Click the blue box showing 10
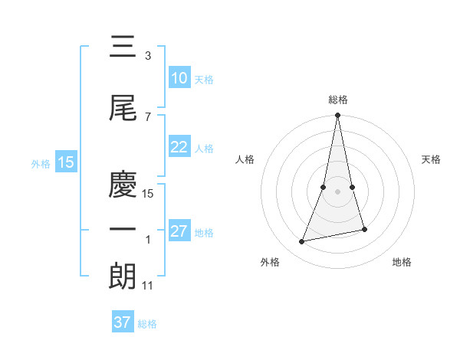click(179, 78)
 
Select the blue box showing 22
click(179, 148)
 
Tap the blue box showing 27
click(179, 232)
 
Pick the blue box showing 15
click(65, 162)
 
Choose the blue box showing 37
click(123, 322)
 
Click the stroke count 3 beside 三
click(147, 56)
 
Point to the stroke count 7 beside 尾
click(147, 116)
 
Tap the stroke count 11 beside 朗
click(148, 285)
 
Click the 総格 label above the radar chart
click(337, 100)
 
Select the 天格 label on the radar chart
click(432, 159)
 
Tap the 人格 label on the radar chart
click(245, 159)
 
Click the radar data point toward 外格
click(302, 242)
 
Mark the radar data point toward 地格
click(364, 229)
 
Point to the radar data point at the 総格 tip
click(337, 116)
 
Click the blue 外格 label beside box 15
click(41, 163)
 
